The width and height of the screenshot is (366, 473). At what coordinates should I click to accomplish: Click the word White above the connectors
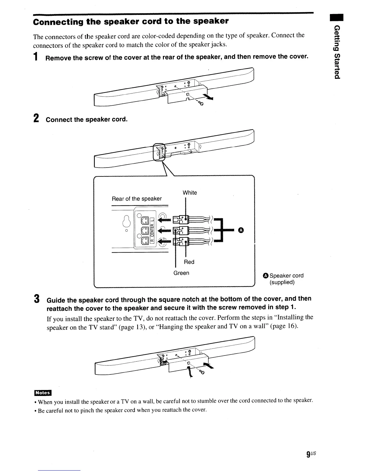(x=190, y=193)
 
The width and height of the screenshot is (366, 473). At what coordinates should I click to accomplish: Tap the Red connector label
(x=189, y=262)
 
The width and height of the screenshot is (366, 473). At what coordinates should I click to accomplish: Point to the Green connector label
(x=181, y=273)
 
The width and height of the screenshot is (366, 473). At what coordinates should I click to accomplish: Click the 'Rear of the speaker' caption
(x=137, y=199)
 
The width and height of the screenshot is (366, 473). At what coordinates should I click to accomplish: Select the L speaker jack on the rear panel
(x=144, y=219)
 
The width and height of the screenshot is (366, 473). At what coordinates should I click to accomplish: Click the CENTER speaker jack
(x=144, y=230)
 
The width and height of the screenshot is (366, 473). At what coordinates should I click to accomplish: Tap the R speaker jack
(x=144, y=240)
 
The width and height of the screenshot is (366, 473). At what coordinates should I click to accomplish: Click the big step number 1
(x=36, y=56)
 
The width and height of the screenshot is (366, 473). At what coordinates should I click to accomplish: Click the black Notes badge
(x=43, y=393)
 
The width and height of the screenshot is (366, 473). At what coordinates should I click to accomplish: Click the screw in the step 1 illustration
(x=201, y=103)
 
